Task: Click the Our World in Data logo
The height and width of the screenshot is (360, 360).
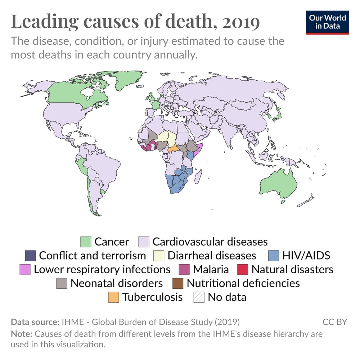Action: click(x=328, y=22)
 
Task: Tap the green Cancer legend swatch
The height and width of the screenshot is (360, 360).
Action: click(x=86, y=242)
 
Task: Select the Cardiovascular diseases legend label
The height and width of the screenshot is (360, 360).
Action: click(x=210, y=242)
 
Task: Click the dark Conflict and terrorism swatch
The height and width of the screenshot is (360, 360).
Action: click(x=30, y=256)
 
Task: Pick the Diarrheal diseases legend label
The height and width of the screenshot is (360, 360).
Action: click(x=212, y=256)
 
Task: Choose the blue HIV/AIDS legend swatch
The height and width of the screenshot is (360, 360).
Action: click(x=274, y=256)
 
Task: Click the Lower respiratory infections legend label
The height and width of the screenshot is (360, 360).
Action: click(x=102, y=269)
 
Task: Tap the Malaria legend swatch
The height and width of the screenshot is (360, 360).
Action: click(x=184, y=269)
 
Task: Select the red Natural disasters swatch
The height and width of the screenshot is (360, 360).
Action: click(x=243, y=269)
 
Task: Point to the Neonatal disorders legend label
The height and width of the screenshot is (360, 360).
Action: click(x=117, y=283)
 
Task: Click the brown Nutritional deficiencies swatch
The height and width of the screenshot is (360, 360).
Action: click(x=178, y=283)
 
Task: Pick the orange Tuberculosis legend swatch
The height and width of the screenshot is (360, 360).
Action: click(x=114, y=297)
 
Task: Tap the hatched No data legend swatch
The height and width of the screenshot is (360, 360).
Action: click(x=199, y=297)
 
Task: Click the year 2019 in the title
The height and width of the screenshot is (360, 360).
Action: click(x=241, y=22)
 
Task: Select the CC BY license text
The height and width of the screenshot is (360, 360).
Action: click(x=334, y=321)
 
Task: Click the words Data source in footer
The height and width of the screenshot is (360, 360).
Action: click(x=35, y=321)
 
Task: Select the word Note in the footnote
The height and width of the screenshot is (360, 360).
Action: click(x=19, y=334)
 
